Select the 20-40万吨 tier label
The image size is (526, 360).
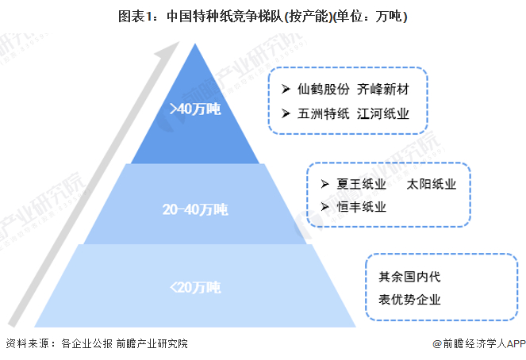(195, 209)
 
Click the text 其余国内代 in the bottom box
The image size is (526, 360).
(409, 277)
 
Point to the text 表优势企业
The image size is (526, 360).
(409, 300)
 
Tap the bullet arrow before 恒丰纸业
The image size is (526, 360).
(324, 207)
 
